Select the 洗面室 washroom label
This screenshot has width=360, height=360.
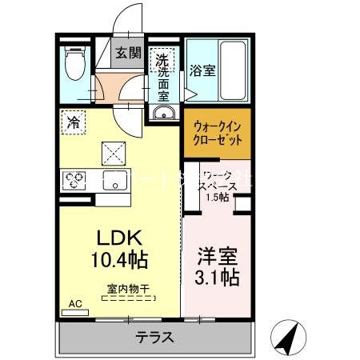(x=162, y=77)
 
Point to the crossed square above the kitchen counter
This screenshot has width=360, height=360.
(x=113, y=151)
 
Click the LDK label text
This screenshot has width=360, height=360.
(x=119, y=238)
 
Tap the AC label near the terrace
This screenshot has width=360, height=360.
(x=74, y=304)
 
